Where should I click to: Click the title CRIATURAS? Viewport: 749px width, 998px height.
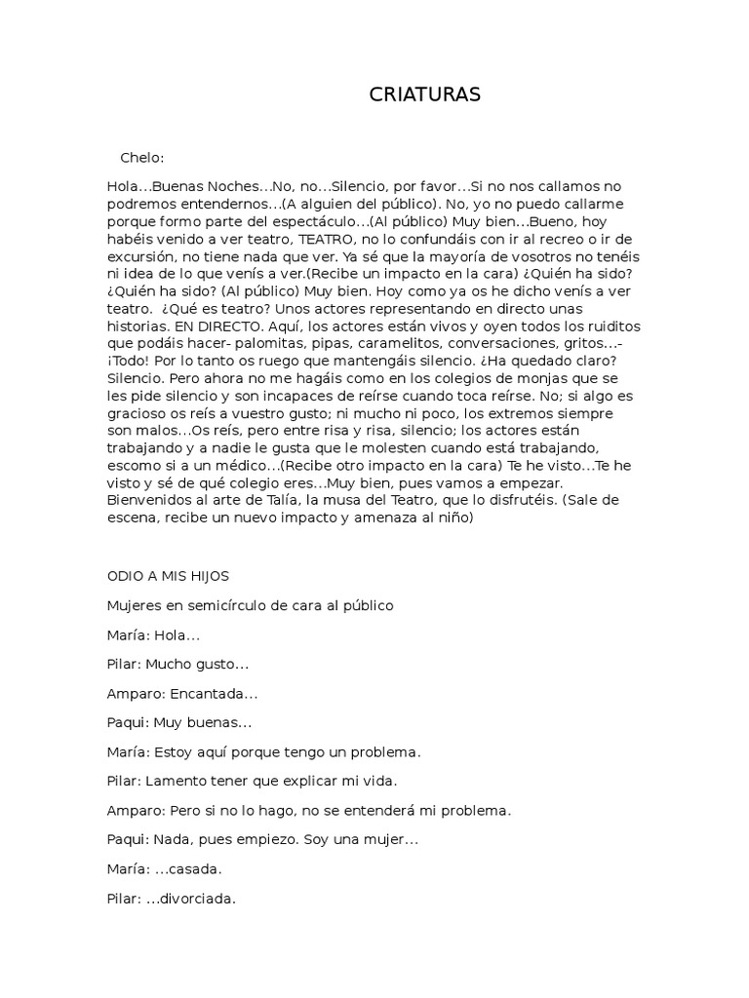[425, 95]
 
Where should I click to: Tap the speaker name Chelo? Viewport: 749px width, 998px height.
[142, 157]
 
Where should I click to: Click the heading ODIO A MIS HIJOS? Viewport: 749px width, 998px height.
[168, 576]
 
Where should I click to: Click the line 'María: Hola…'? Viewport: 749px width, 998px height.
[153, 634]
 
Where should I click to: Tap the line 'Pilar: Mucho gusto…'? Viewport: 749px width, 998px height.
[177, 664]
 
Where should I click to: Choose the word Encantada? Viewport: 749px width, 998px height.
[212, 693]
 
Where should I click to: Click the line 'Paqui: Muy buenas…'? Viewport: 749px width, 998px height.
[179, 722]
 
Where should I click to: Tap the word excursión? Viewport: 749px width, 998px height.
[142, 254]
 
